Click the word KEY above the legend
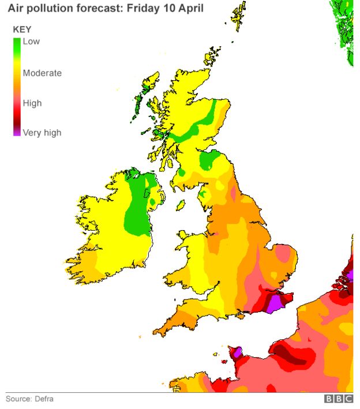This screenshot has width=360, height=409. coord(22,29)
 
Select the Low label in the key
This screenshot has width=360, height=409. coord(31,42)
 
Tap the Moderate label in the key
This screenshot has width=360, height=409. coord(42,73)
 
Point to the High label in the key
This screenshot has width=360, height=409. coord(32,103)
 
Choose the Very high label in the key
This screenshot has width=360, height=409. coord(42,133)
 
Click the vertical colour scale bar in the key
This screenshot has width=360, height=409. coord(17,87)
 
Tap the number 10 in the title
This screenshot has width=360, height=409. coord(153,9)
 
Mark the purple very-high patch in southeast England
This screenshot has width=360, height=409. coord(276,301)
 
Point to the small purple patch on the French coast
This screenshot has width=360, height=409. coord(235,351)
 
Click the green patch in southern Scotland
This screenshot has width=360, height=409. coord(212,160)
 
